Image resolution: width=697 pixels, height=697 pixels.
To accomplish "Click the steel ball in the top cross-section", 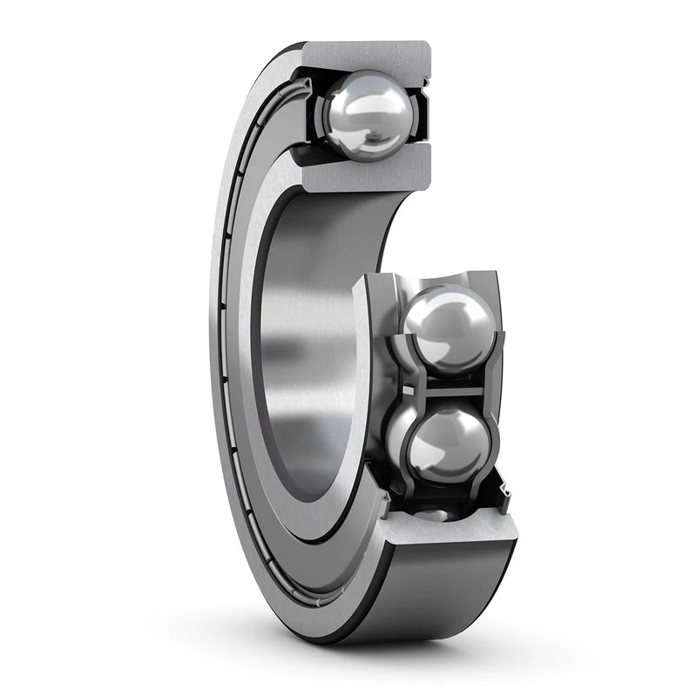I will click(367, 114).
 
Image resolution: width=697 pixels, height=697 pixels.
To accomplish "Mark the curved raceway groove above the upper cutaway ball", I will click(436, 281).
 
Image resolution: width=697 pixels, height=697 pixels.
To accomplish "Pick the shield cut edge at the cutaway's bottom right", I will click(504, 497).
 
